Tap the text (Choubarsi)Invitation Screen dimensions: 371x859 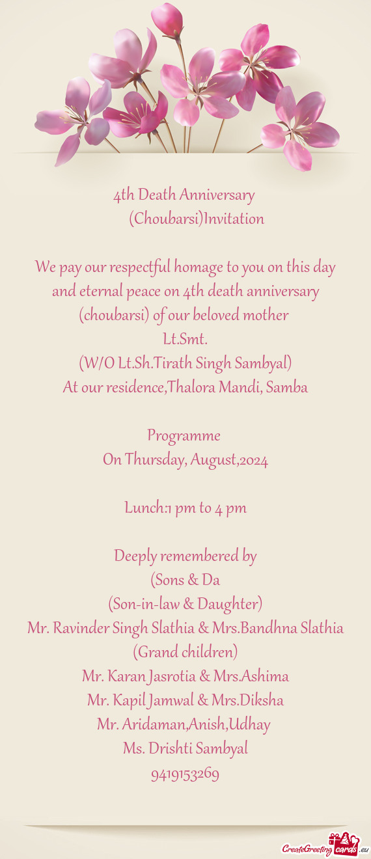tap(196, 219)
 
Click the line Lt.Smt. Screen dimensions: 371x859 tap(185, 339)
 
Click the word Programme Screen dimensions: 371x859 tap(184, 435)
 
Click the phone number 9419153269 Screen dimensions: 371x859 tap(185, 774)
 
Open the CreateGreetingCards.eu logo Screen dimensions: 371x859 tap(325, 846)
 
